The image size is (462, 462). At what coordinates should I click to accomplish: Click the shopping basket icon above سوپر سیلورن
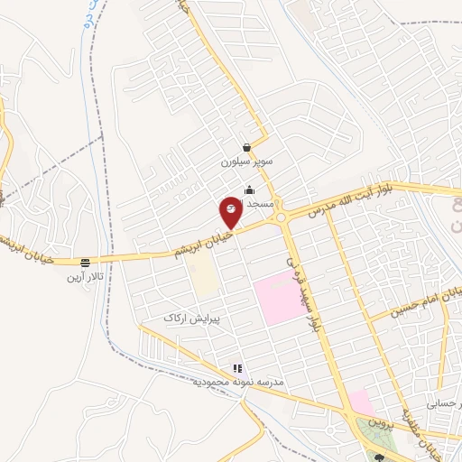pyautogui.click(x=246, y=147)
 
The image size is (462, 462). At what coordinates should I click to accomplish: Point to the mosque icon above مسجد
pyautogui.click(x=250, y=189)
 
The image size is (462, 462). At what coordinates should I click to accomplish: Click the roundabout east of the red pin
pyautogui.click(x=283, y=217)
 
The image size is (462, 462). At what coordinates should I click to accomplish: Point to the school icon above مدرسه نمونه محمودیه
pyautogui.click(x=237, y=368)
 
